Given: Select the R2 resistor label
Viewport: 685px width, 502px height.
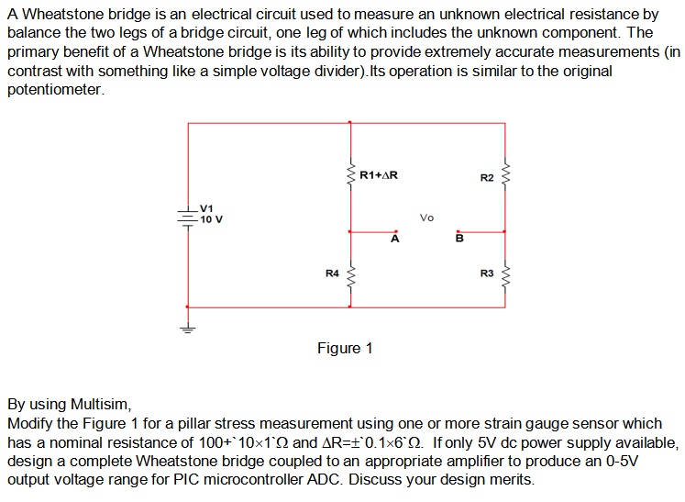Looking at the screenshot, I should tap(487, 177).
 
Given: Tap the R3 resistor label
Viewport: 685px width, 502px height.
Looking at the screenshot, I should tap(487, 273).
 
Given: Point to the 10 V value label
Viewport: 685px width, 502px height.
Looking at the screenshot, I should tap(211, 219).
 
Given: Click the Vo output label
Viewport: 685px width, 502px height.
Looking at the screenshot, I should tap(426, 218).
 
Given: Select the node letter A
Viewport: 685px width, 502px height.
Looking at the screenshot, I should tap(394, 240).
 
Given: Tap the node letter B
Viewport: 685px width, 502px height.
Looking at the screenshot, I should tap(460, 240).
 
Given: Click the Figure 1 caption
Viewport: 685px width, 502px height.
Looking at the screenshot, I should tap(345, 349).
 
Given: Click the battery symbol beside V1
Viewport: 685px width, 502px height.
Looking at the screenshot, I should tap(188, 219).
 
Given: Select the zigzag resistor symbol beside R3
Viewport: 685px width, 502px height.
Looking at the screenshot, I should tap(503, 273).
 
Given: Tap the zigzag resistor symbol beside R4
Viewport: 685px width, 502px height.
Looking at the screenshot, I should tap(349, 273).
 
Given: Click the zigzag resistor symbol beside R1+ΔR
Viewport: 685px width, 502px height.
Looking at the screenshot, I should tap(349, 173).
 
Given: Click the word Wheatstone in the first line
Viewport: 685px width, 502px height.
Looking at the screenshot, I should tap(65, 15).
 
